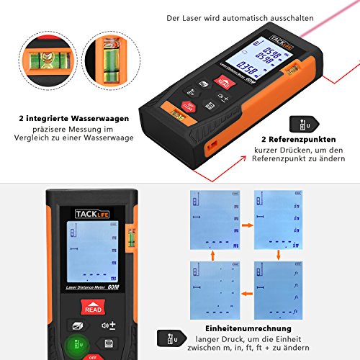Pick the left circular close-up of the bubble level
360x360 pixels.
[x=47, y=61]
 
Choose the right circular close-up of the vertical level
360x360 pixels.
[x=109, y=61]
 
